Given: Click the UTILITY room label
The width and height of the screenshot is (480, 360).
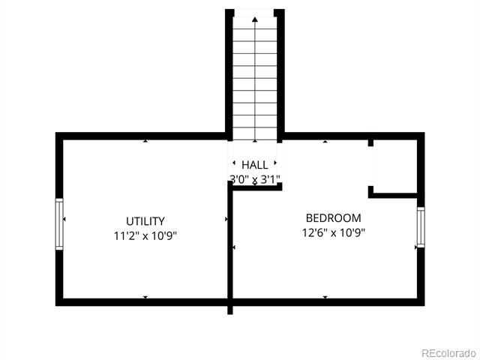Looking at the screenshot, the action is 145,221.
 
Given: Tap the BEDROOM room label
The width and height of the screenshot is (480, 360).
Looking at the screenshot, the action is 333,218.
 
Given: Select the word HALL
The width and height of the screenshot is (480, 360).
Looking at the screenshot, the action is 255,165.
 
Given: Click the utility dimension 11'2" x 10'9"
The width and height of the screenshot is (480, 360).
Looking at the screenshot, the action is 145,235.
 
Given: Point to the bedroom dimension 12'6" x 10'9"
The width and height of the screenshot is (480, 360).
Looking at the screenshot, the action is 334,232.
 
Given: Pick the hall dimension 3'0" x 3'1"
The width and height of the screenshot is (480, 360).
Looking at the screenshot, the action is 255,179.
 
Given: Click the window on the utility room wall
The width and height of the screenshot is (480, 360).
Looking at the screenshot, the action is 59,224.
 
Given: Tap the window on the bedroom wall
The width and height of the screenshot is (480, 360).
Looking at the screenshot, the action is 421,227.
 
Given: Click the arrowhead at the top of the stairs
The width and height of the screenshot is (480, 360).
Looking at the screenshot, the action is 255,19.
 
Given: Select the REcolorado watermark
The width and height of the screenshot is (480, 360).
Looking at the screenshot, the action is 448,353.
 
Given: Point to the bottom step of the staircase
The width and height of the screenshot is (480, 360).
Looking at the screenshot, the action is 255,134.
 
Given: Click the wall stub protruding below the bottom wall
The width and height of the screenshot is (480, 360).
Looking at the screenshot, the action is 230,310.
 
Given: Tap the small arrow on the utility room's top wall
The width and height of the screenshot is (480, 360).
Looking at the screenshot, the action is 145,141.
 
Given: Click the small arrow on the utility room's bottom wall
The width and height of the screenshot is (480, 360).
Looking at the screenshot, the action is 145,297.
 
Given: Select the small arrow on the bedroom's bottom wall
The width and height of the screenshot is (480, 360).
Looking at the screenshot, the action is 325,297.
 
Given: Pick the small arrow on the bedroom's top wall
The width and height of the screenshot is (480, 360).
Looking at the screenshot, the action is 325,141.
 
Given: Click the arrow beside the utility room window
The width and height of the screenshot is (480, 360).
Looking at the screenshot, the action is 64,219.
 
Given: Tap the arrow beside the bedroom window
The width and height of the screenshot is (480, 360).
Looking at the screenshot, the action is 416,247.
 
